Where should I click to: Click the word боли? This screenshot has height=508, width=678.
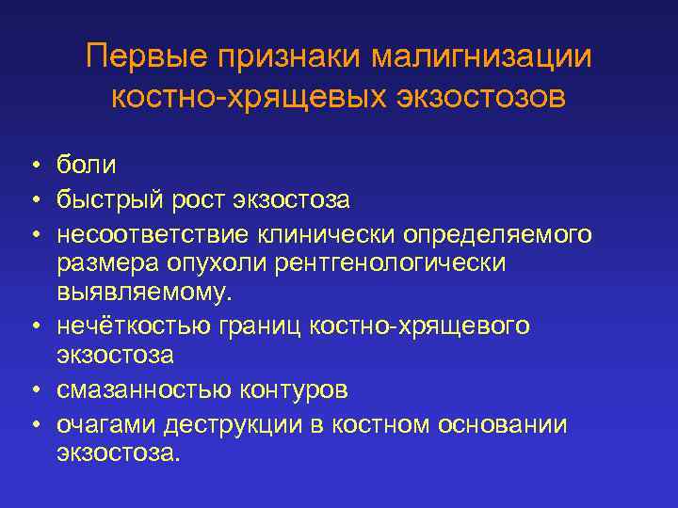pyautogui.click(x=86, y=166)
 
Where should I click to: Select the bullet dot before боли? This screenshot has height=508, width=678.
pyautogui.click(x=33, y=167)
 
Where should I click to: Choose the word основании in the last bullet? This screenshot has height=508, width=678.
pyautogui.click(x=504, y=424)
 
